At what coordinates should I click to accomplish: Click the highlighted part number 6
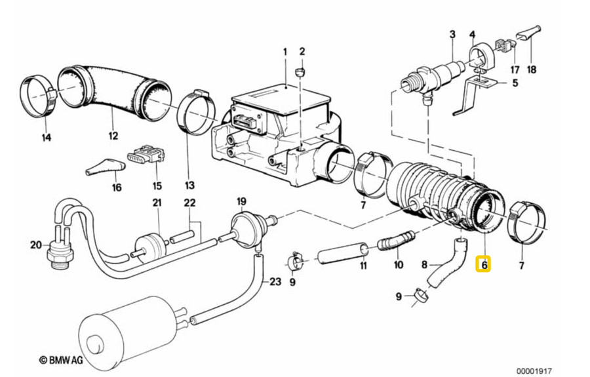tap(484, 265)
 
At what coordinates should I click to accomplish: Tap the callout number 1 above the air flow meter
tap(285, 51)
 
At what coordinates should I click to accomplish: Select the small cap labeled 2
tap(301, 70)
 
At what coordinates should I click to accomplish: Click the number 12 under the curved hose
tap(113, 136)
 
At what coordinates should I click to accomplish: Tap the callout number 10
tap(398, 265)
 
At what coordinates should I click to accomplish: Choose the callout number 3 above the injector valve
tap(452, 33)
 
